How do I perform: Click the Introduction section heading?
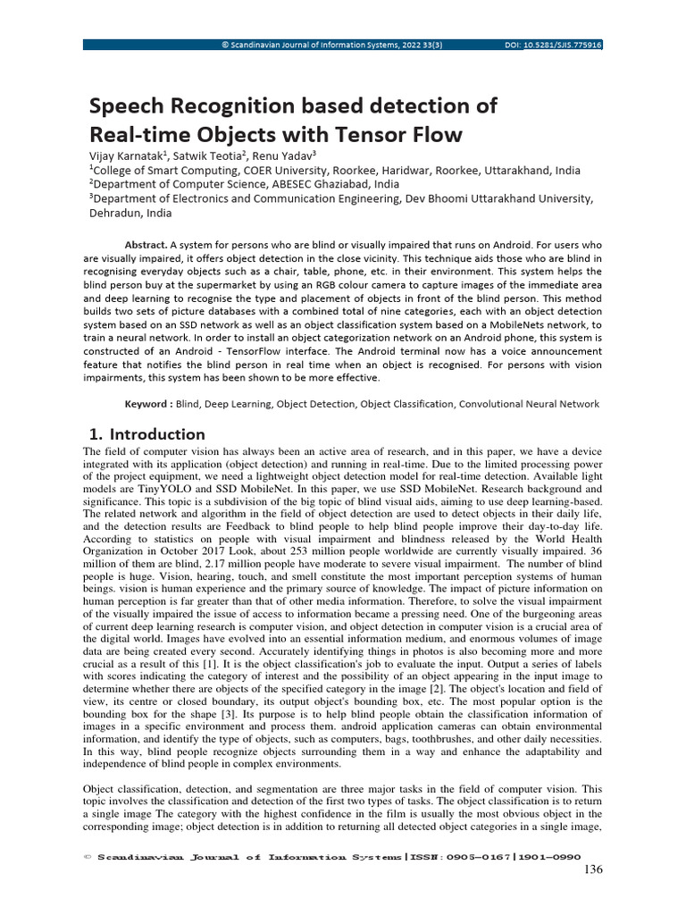tap(156, 434)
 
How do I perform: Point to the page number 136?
tap(593, 870)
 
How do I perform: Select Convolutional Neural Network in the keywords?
tap(529, 404)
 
